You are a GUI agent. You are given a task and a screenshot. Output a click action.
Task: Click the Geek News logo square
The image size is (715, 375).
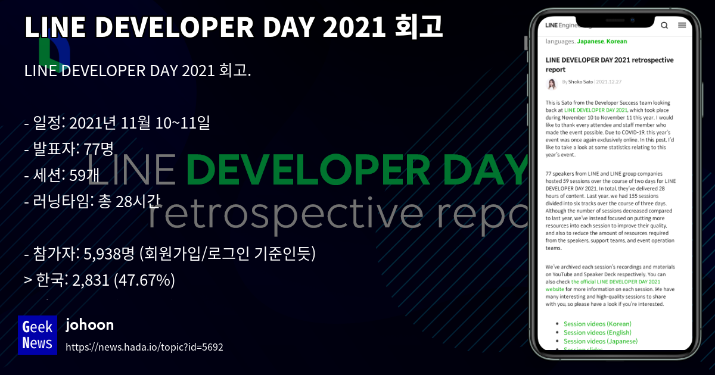click(38, 335)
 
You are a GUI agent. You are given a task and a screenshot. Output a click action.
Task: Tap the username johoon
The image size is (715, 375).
click(89, 325)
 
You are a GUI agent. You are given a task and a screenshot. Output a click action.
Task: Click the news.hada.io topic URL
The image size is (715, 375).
click(144, 347)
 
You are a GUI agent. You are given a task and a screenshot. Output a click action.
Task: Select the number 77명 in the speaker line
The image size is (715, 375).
click(99, 149)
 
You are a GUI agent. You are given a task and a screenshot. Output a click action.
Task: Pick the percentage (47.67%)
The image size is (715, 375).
click(144, 280)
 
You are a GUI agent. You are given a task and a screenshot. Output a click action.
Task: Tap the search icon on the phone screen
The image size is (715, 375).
click(664, 26)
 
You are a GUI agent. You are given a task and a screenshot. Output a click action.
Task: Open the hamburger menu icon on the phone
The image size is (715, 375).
click(682, 26)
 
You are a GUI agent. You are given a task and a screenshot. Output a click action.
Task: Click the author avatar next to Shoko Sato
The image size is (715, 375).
click(552, 85)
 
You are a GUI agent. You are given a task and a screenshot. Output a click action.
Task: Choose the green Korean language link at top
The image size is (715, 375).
click(617, 42)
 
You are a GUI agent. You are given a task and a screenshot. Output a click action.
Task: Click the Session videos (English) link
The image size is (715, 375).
click(598, 333)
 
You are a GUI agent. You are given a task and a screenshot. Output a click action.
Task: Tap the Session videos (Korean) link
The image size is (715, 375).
click(597, 324)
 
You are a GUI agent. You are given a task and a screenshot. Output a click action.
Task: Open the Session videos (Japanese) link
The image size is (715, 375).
click(601, 342)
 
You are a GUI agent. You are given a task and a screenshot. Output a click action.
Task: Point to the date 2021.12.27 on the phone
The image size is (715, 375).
click(609, 82)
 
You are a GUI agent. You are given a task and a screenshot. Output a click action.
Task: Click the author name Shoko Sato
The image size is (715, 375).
click(580, 82)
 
